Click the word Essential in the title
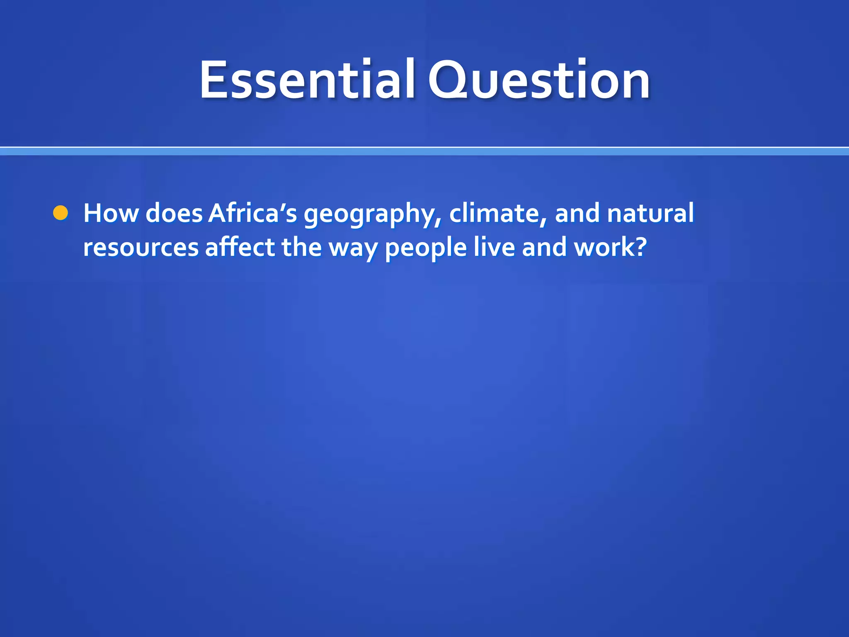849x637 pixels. (307, 80)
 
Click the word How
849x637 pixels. (111, 213)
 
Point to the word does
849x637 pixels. (174, 213)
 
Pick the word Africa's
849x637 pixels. (252, 213)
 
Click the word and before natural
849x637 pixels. (577, 213)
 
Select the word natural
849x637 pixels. (650, 213)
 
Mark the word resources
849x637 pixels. (141, 248)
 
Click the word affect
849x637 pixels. (240, 247)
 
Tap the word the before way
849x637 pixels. (301, 247)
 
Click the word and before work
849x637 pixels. (544, 247)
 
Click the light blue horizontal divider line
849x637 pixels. (424, 151)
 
